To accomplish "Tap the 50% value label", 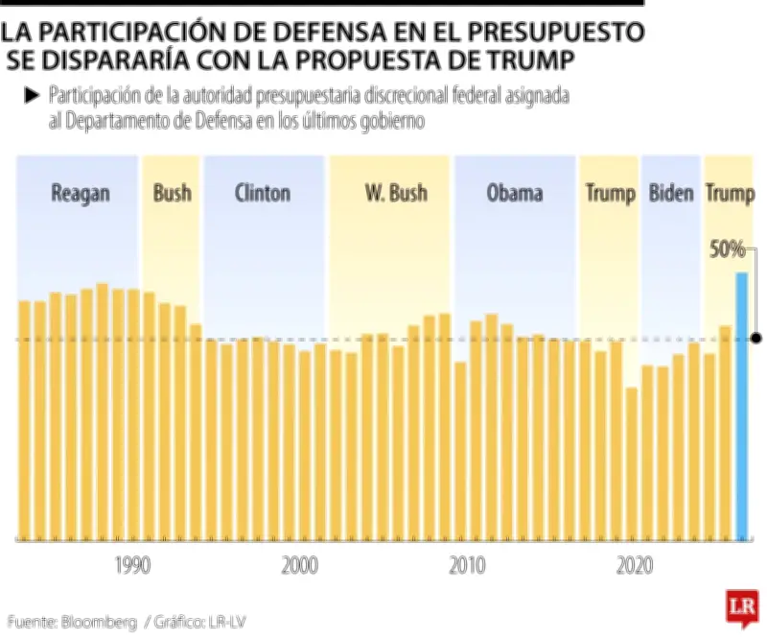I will point(726,249).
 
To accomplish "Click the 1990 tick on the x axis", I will point(131,566).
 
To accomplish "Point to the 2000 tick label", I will point(299,566).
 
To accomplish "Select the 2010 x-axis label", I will point(467,566).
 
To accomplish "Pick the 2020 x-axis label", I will point(634,566).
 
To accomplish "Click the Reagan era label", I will point(80,193).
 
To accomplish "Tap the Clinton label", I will point(262,193).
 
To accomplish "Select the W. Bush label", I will point(395,193).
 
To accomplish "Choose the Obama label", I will point(514,193).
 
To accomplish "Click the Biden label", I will point(670,193).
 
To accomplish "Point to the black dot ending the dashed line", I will point(756,339).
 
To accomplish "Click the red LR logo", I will point(739,608).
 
